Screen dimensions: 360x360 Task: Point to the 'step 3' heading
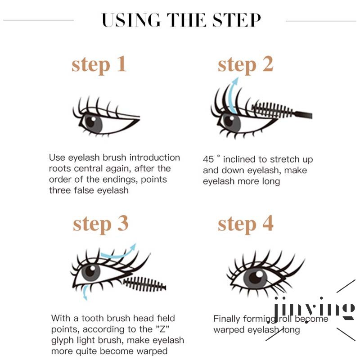tap(100, 224)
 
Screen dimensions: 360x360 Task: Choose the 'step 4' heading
tap(245, 224)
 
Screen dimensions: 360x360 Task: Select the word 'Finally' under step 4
tap(227, 319)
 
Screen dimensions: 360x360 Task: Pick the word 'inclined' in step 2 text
tap(239, 160)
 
